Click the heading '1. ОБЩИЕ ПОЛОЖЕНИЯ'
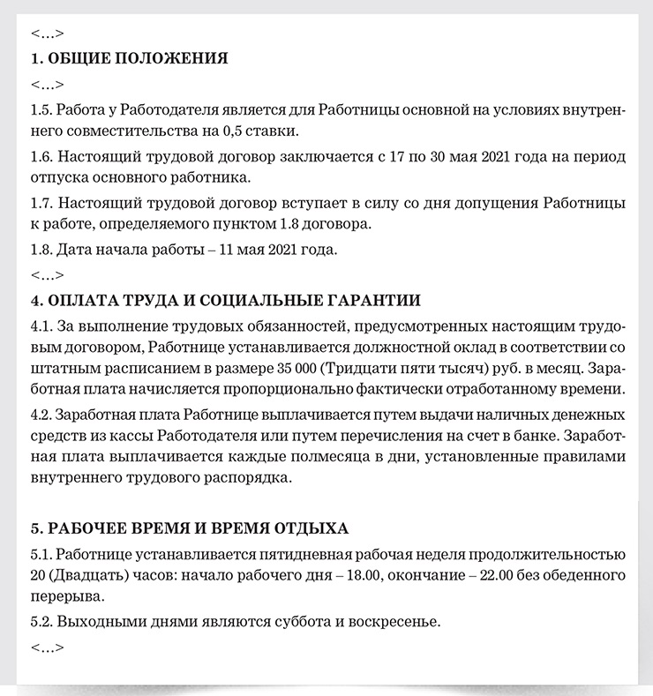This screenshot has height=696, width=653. pyautogui.click(x=129, y=59)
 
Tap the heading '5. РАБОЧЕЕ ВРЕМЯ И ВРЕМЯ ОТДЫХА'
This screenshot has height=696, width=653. pyautogui.click(x=189, y=528)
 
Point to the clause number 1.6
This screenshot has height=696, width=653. pyautogui.click(x=41, y=157)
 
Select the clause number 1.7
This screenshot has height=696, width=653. pyautogui.click(x=41, y=203)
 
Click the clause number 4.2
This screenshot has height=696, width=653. pyautogui.click(x=41, y=414)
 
